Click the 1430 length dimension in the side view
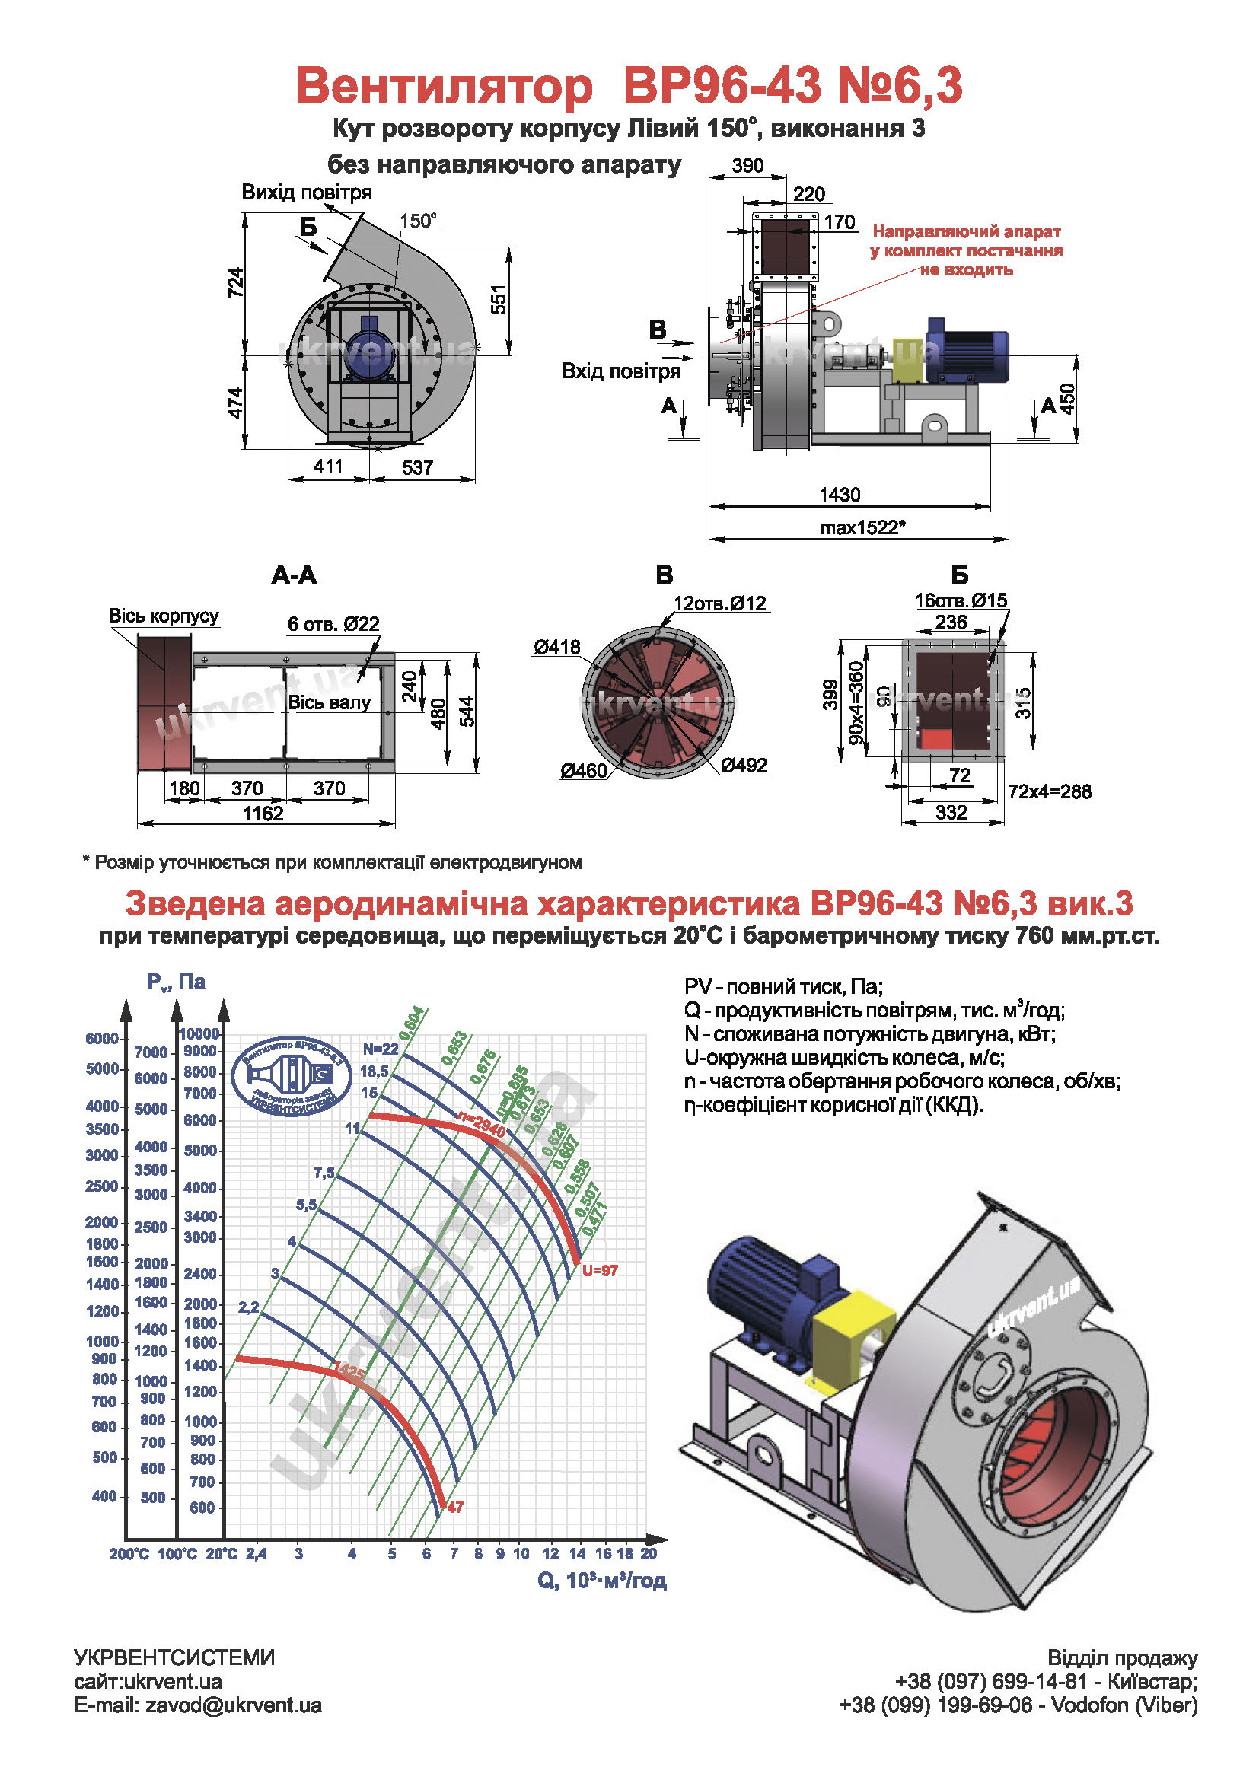[840, 495]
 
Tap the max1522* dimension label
[863, 528]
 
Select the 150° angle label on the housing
[418, 221]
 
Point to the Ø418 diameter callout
[556, 647]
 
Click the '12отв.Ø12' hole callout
[719, 603]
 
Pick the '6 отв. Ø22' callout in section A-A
[333, 624]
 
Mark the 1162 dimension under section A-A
[263, 814]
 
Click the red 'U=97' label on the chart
[600, 1271]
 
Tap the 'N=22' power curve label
[380, 1049]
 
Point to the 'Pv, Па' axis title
[176, 982]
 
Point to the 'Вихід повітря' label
[306, 193]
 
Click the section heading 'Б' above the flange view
[959, 575]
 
